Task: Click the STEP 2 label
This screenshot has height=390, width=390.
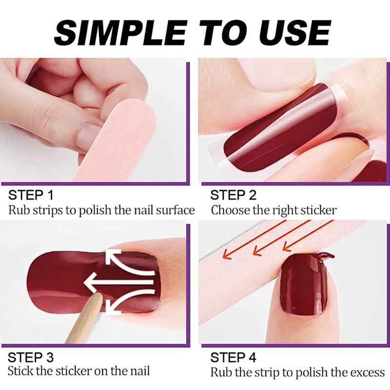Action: pos(233,195)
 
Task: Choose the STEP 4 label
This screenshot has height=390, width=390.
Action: pos(233,358)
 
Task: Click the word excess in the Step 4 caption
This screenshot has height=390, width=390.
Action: pos(369,373)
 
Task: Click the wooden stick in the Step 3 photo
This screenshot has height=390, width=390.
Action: pos(84,322)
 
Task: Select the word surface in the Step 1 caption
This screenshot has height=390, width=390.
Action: pos(175,211)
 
